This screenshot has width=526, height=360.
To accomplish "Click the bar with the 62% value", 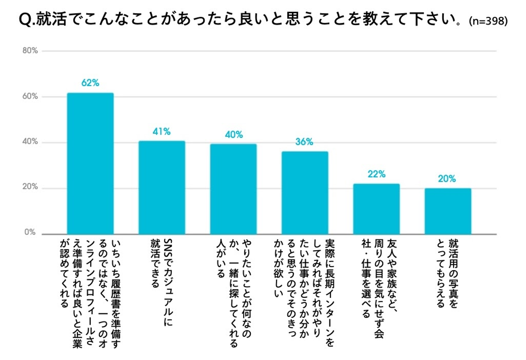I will (90, 163).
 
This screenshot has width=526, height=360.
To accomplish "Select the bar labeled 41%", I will (162, 187).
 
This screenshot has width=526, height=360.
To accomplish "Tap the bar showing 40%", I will (233, 189).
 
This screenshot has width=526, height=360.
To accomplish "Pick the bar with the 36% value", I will (305, 193).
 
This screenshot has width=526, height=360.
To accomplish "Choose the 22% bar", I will (376, 209).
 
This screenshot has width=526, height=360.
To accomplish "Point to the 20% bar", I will (447, 211).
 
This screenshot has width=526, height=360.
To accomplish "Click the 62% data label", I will (90, 83).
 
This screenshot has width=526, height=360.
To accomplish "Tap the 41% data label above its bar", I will (161, 131).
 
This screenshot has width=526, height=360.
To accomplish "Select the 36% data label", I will (304, 142).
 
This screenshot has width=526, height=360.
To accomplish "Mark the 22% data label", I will (376, 174).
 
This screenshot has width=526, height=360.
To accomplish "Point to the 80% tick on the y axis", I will (30, 51).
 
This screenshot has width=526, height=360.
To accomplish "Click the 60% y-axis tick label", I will (30, 96).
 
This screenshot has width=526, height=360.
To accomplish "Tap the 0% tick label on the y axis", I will (30, 232).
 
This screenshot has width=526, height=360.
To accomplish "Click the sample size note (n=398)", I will (488, 21).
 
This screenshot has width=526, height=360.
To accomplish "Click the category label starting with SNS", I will (161, 281).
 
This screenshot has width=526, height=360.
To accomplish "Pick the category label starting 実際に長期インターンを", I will (305, 292).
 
